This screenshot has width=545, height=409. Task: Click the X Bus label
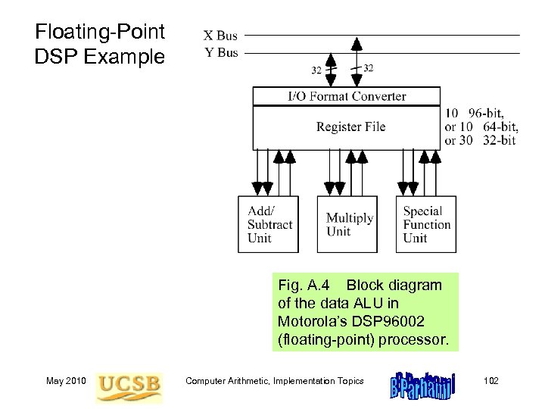220,36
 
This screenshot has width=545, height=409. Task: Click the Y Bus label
220,52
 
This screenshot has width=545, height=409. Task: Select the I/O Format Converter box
347,96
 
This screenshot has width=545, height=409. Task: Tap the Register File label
350,126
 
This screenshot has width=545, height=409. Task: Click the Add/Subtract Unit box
269,224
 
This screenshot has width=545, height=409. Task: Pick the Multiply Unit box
347,224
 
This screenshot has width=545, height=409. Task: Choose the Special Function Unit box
426,224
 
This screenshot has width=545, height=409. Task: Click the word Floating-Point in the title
100,33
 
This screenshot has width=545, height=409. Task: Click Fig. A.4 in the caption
304,286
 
